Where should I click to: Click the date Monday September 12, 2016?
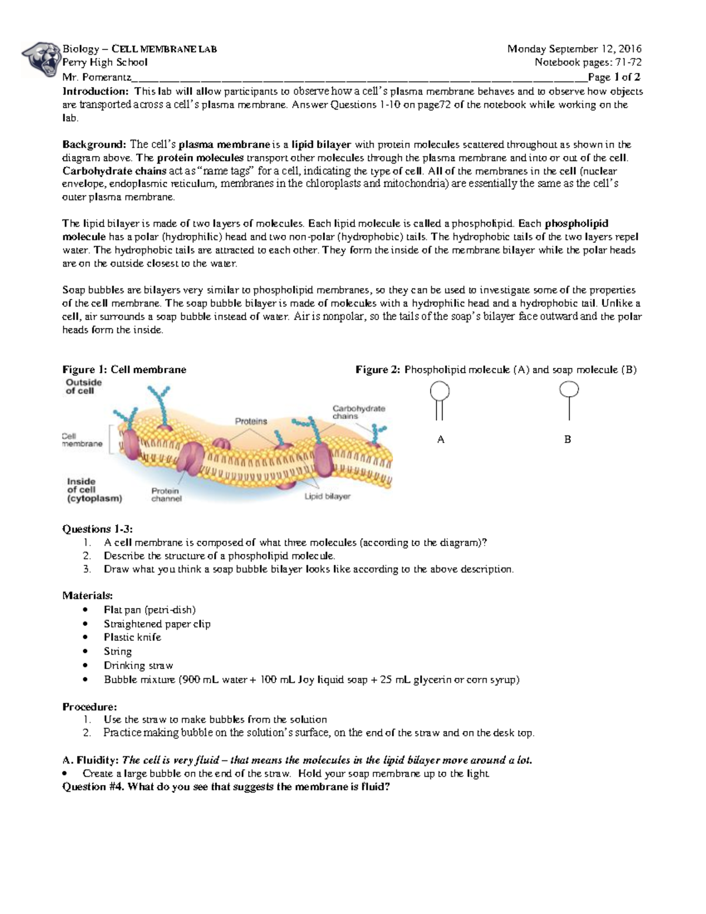[x=574, y=49]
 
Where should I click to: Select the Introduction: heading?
[x=95, y=91]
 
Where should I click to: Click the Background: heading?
[x=94, y=144]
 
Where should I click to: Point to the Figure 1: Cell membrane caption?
[x=124, y=370]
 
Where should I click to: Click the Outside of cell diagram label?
[x=84, y=386]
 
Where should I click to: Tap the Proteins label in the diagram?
[x=251, y=421]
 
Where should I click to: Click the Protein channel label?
[x=166, y=494]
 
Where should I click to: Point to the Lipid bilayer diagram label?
[x=327, y=496]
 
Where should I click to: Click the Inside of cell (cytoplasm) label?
[x=94, y=490]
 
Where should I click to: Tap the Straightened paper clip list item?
[x=157, y=624]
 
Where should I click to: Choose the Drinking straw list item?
[x=138, y=665]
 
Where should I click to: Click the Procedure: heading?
[x=89, y=706]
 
